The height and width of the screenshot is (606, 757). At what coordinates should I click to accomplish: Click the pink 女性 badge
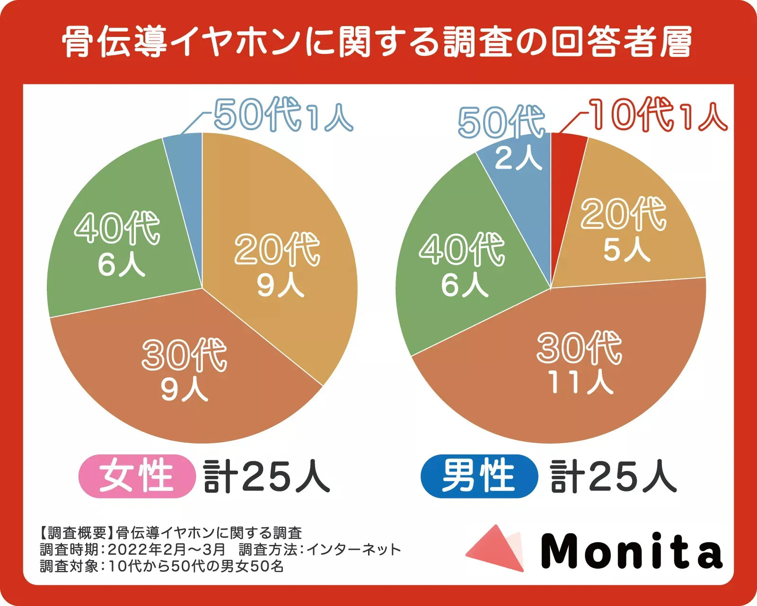coord(137,476)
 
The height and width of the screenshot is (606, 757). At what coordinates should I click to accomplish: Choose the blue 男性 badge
coord(479,476)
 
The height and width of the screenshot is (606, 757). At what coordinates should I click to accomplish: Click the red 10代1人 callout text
coord(658,115)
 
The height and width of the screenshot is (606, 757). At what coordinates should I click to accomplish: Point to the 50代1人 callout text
coord(283,115)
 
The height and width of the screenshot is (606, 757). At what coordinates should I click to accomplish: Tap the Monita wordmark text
coord(632,551)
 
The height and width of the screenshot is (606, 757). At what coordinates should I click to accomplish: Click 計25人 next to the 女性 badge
coord(266,476)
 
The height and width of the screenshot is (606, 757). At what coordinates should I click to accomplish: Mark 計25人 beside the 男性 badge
coord(614,476)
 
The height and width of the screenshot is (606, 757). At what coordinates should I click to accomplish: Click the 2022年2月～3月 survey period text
coord(167,550)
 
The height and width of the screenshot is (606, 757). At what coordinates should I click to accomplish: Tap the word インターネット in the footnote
coord(354,550)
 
